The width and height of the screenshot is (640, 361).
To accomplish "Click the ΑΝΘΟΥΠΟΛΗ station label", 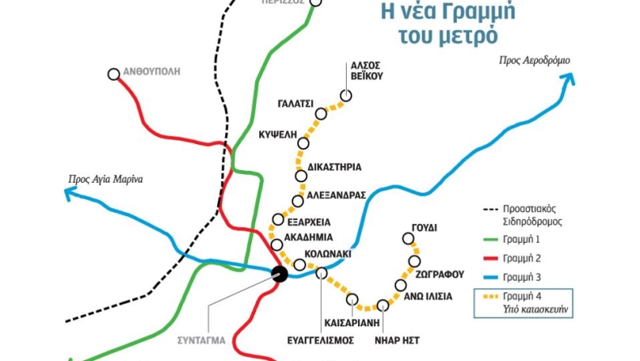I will pos(152,72).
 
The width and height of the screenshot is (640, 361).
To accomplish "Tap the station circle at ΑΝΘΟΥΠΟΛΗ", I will pos(114,74).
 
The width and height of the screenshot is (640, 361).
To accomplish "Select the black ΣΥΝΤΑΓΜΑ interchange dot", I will pos(279,274).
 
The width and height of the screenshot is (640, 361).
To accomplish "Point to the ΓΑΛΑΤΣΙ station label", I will pos(295,104).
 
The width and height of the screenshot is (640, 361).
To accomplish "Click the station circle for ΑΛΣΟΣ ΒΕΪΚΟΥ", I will pos(346,96).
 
